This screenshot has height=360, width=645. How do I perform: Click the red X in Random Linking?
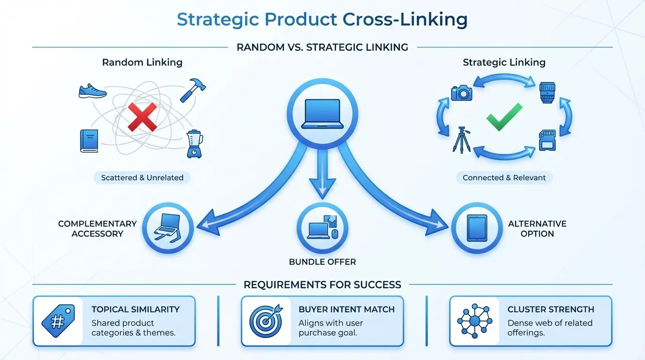point(142,117)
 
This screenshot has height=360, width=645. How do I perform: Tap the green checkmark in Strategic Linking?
point(504,117)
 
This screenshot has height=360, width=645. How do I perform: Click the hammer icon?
point(193,90)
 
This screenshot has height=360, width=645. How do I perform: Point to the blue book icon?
point(89,141)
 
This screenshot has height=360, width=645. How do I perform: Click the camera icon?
point(462,92)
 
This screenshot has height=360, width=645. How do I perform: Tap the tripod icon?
point(462,139)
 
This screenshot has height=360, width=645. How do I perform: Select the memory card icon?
point(547,140)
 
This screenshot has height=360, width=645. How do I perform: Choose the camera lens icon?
point(547,93)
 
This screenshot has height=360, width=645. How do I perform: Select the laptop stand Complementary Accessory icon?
point(168,228)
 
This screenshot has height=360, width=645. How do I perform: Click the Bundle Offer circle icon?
point(322,229)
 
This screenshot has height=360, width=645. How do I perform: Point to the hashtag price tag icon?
point(59,322)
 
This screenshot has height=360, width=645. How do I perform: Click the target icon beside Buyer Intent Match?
point(266,322)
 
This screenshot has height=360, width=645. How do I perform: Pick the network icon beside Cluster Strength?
point(474,322)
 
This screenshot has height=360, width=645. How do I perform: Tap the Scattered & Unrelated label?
point(142,178)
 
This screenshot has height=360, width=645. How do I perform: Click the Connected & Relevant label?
point(504,178)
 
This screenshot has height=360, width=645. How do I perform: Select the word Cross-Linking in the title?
point(405,20)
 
